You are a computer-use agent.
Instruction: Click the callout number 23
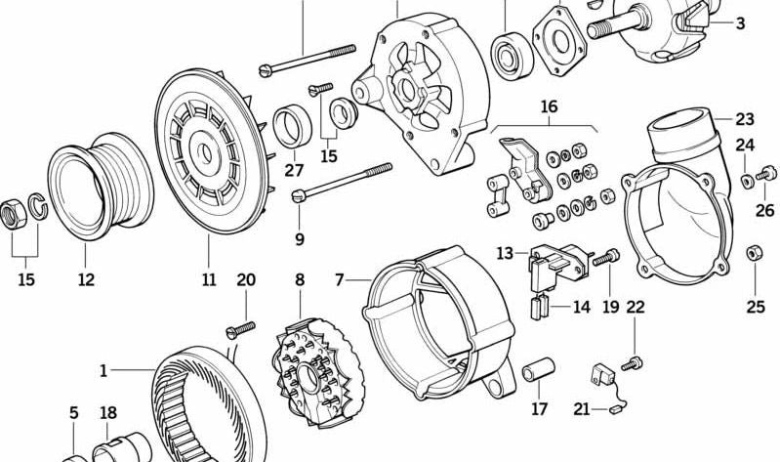(x=745, y=120)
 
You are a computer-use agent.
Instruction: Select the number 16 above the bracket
(x=549, y=106)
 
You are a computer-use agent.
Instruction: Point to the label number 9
(x=299, y=239)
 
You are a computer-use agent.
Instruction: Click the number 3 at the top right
(x=739, y=23)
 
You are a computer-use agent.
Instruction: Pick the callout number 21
(x=581, y=409)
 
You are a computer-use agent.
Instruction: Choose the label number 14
(x=581, y=307)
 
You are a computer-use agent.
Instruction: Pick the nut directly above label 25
(x=755, y=254)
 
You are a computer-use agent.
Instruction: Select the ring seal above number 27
(x=290, y=125)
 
